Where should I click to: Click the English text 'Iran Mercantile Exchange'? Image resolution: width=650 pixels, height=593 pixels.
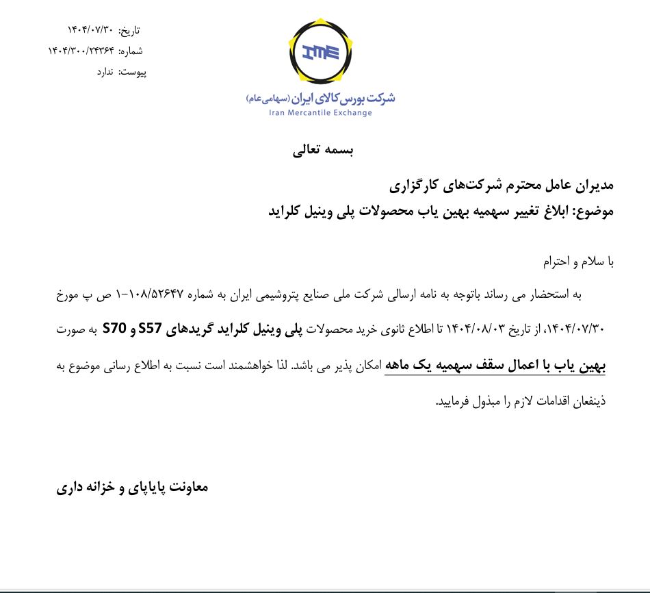click(x=321, y=112)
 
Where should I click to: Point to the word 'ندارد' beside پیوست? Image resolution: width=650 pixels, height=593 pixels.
click(x=107, y=71)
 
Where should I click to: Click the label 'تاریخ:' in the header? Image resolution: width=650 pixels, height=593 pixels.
click(x=129, y=31)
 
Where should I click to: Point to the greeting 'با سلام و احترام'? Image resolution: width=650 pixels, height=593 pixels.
click(x=579, y=262)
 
